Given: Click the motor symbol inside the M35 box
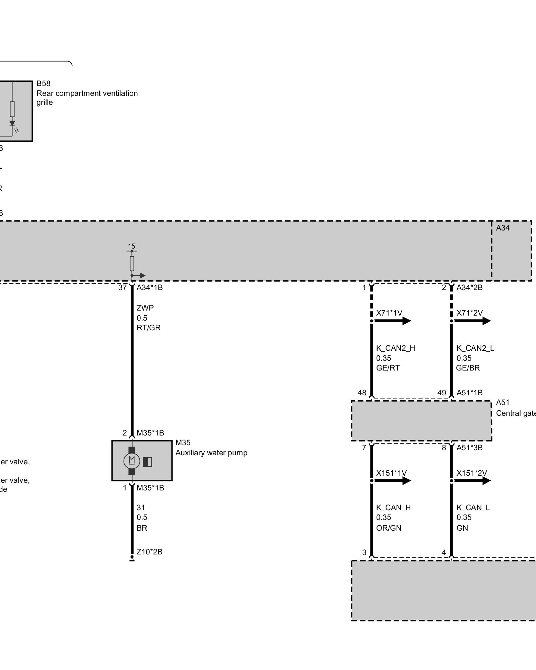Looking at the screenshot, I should point(132,461).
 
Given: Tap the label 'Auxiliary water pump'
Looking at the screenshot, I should point(211,453).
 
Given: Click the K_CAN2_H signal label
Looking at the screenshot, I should point(395,348).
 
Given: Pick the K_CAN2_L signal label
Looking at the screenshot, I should point(475,348).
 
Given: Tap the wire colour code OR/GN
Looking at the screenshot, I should point(389,528).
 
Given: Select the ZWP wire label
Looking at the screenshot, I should point(145,308).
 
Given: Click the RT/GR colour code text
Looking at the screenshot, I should point(148,328).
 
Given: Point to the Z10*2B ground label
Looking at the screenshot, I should point(149,552).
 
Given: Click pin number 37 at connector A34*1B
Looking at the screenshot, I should point(122,287).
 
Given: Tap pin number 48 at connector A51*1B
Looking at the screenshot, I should point(362,393).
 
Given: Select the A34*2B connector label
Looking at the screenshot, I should point(469,287).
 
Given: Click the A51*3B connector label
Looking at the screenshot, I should point(469,448).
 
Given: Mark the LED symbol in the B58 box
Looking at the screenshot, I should point(12,124).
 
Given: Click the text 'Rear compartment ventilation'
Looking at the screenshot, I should point(87,93).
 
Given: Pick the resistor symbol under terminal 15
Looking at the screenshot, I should point(132,264).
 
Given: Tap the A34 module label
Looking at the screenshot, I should point(503,228).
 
